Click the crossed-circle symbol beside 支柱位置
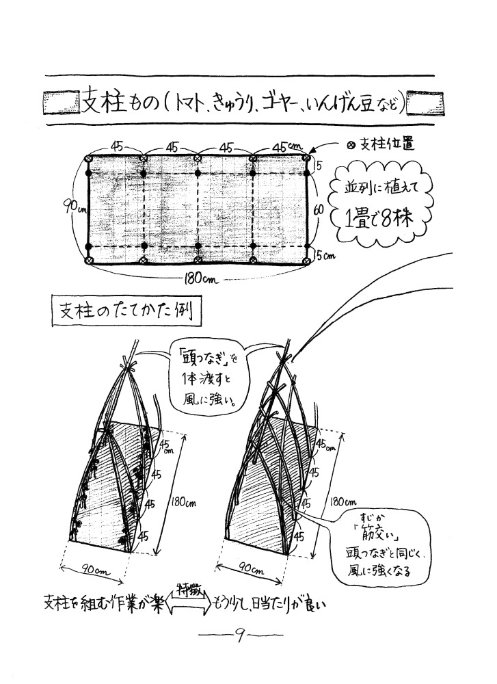(x=351, y=145)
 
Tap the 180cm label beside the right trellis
(x=337, y=500)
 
